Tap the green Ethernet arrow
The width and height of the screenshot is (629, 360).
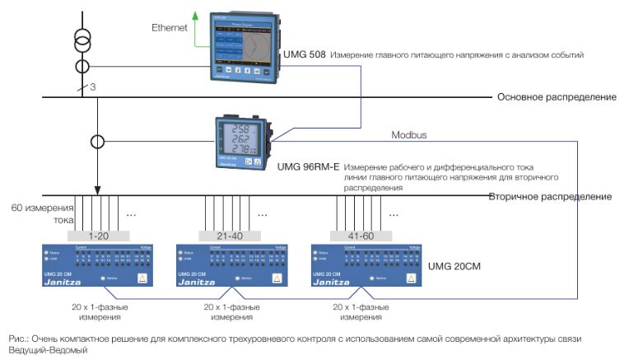[x=196, y=25]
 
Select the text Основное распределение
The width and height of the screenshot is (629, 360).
[x=556, y=97]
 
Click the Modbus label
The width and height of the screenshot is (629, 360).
[x=409, y=135]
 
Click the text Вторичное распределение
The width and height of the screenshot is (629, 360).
[x=549, y=197]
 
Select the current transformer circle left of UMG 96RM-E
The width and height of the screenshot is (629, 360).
[x=98, y=141]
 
